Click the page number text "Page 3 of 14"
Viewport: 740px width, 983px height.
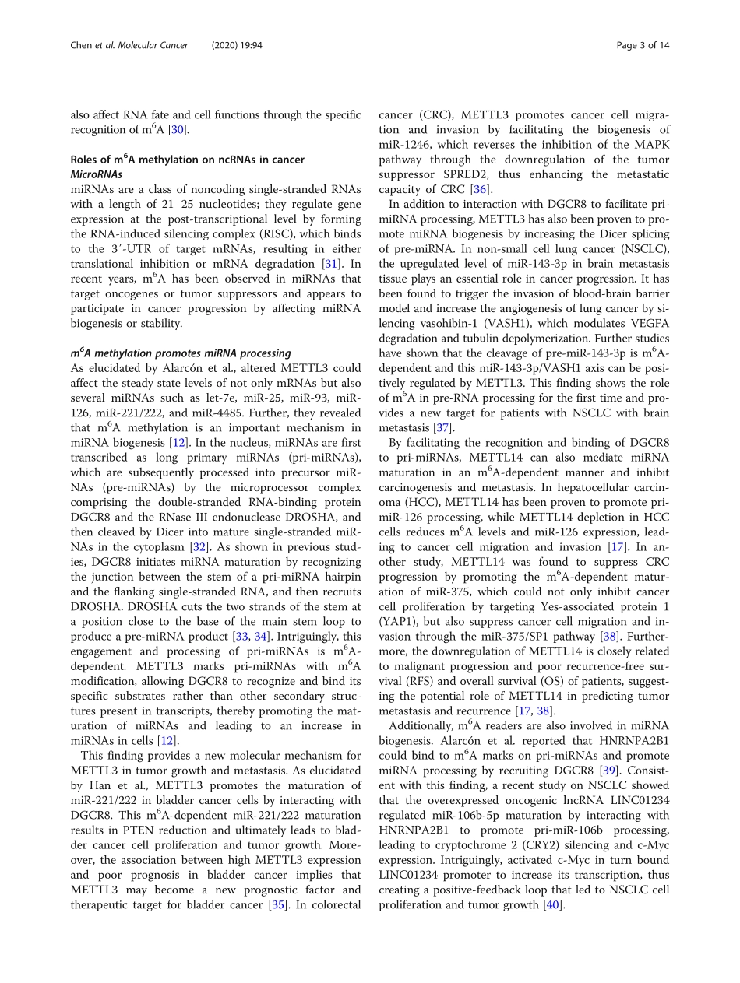tap(642, 45)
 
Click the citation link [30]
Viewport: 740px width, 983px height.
tap(178, 129)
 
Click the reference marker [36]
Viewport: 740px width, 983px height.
tap(479, 189)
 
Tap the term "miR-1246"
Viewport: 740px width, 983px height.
tap(404, 144)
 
